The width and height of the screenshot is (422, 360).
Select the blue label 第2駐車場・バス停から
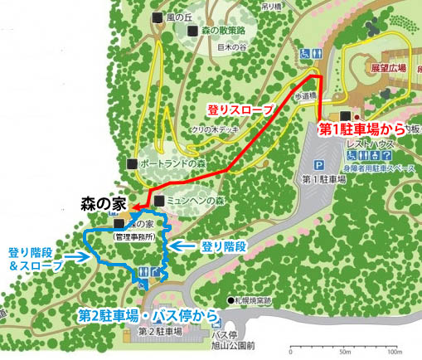tap(149, 315)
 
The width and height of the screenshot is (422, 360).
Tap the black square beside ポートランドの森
tap(131, 163)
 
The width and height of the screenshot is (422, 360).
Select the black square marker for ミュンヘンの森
tap(158, 201)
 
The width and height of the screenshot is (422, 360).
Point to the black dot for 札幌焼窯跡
tap(231, 299)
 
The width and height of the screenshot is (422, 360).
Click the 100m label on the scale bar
tap(394, 353)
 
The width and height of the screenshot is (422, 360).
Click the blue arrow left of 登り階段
tap(181, 246)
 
